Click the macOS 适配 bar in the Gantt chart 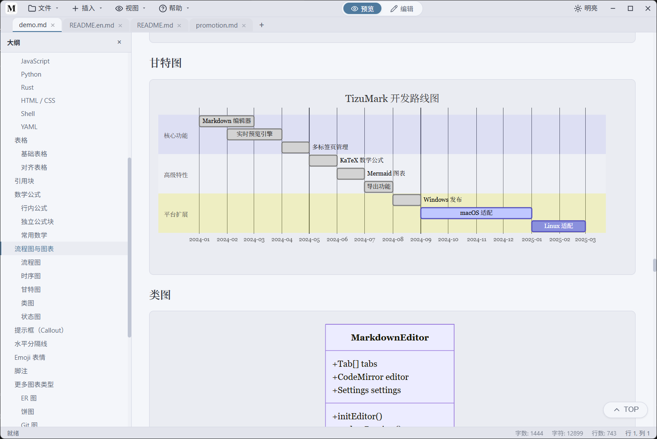pyautogui.click(x=476, y=213)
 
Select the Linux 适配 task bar pyautogui.click(x=559, y=226)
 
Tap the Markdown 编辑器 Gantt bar pyautogui.click(x=227, y=121)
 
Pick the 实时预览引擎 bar pyautogui.click(x=254, y=134)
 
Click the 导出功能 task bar pyautogui.click(x=378, y=186)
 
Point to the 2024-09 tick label pyautogui.click(x=421, y=239)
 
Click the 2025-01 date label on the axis pyautogui.click(x=532, y=239)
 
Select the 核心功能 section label pyautogui.click(x=176, y=136)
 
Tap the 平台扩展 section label pyautogui.click(x=176, y=214)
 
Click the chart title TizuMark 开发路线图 pyautogui.click(x=392, y=98)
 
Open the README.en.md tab pyautogui.click(x=92, y=25)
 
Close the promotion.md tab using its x pyautogui.click(x=244, y=25)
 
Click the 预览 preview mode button pyautogui.click(x=363, y=8)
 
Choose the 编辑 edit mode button pyautogui.click(x=402, y=8)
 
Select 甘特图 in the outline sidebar pyautogui.click(x=31, y=289)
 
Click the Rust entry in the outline pyautogui.click(x=27, y=88)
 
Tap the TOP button pyautogui.click(x=626, y=409)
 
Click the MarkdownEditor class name pyautogui.click(x=390, y=337)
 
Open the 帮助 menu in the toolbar pyautogui.click(x=174, y=8)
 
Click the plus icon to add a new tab pyautogui.click(x=262, y=25)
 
